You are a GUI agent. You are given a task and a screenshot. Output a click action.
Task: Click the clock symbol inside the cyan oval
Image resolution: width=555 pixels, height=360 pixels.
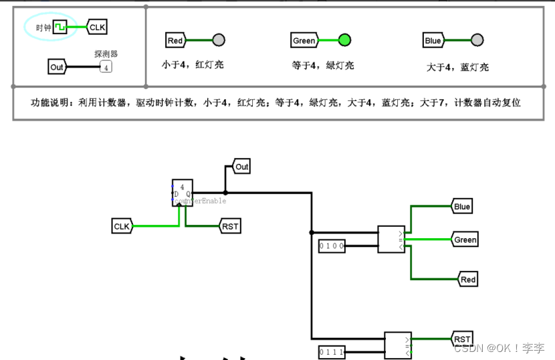(60, 27)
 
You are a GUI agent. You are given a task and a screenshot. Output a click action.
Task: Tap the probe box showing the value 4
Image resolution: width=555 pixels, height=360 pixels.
(106, 67)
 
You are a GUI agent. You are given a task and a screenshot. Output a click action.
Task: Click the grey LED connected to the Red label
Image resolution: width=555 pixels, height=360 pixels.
(219, 40)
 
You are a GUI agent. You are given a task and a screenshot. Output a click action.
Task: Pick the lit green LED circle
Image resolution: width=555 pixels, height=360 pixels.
(344, 40)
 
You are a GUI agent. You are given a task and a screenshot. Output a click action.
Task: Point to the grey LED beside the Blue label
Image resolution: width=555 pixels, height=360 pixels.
(477, 40)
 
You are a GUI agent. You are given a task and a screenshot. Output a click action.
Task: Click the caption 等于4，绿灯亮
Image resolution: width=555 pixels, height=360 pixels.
(322, 66)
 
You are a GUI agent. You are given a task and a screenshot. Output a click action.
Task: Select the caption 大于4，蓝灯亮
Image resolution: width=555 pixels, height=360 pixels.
(457, 67)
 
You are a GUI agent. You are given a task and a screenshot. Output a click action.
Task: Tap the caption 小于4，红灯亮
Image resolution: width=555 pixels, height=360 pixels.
(193, 66)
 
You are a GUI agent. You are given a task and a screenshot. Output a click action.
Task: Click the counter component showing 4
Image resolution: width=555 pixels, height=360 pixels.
(183, 193)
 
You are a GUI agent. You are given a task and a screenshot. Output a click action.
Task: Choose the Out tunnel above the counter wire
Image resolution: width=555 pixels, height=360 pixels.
(241, 167)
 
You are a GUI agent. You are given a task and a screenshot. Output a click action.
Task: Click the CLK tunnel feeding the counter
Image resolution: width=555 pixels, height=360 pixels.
(122, 226)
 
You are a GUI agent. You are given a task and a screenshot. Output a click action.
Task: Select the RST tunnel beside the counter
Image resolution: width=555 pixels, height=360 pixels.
(230, 226)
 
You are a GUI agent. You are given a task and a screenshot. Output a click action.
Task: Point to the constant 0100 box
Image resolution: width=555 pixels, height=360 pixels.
(332, 246)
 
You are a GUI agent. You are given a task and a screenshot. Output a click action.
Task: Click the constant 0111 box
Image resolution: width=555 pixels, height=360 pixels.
(332, 352)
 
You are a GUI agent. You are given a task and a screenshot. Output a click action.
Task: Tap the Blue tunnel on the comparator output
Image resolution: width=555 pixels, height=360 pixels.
(462, 206)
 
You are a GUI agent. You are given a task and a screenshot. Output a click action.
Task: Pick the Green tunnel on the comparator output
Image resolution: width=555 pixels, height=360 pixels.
(465, 240)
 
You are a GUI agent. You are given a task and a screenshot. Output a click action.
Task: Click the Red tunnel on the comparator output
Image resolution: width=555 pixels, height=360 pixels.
(467, 279)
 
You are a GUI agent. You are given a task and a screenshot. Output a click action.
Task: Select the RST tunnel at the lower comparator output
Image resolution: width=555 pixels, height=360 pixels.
(463, 339)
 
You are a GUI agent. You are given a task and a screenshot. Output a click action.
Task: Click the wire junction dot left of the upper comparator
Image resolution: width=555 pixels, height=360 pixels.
(312, 233)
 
